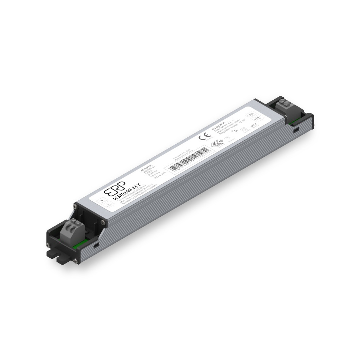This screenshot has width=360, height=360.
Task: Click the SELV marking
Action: pyautogui.click(x=253, y=126)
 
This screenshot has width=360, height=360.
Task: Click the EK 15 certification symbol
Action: pyautogui.click(x=217, y=143)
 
